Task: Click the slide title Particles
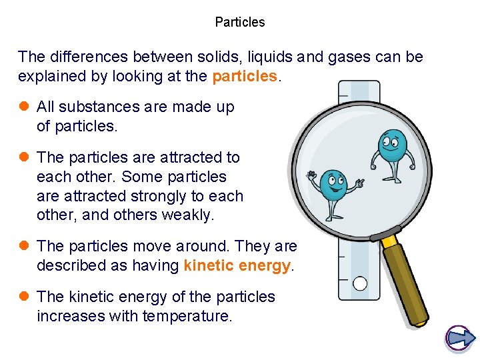tap(240, 22)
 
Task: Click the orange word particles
tap(244, 76)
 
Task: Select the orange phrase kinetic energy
tap(237, 265)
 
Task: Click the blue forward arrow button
tap(459, 339)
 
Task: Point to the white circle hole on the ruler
tap(360, 284)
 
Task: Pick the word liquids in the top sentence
tap(250, 57)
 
